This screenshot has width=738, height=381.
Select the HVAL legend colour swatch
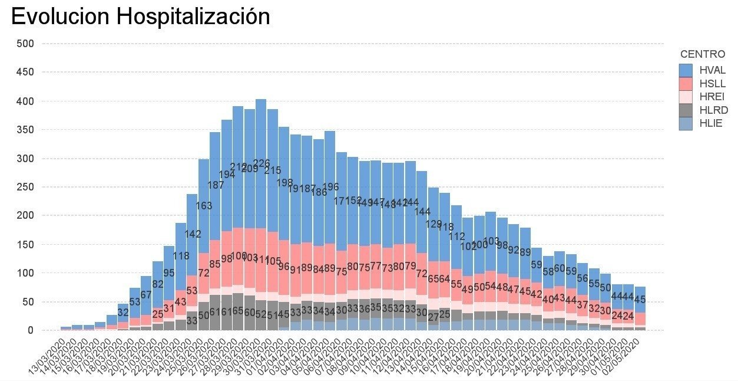[x=685, y=70]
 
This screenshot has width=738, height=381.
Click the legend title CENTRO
[x=702, y=54]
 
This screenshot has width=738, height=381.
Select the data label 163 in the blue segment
[x=204, y=206]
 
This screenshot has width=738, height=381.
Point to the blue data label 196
[x=330, y=187]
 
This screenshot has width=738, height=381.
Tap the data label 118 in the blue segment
[x=181, y=256]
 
